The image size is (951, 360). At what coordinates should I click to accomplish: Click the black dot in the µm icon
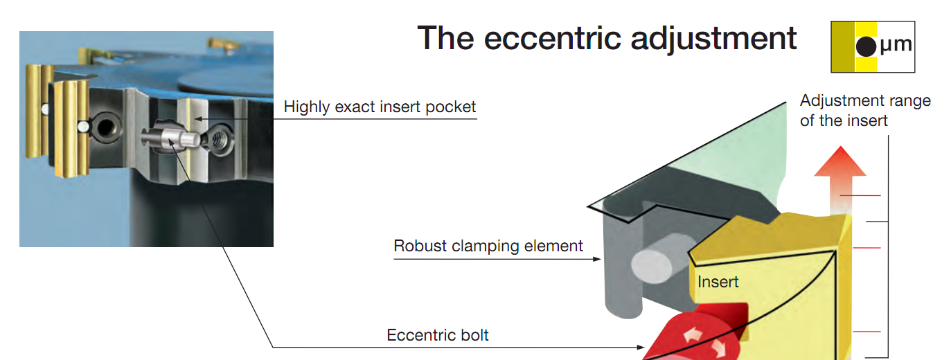pyautogui.click(x=866, y=46)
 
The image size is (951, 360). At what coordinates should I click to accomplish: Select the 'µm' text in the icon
pyautogui.click(x=896, y=44)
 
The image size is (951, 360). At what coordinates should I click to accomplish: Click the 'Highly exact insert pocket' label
pyautogui.click(x=380, y=107)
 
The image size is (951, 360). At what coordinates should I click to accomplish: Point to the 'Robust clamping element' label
pyautogui.click(x=488, y=246)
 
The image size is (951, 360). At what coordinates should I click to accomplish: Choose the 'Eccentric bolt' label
pyautogui.click(x=437, y=335)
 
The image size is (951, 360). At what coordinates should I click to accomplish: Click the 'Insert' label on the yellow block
pyautogui.click(x=718, y=282)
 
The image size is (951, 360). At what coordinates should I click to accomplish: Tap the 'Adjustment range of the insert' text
pyautogui.click(x=865, y=110)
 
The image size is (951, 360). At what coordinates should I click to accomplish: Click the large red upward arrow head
pyautogui.click(x=840, y=161)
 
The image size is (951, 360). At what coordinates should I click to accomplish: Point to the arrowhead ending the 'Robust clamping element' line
pyautogui.click(x=597, y=259)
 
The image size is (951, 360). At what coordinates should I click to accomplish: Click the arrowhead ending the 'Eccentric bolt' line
pyautogui.click(x=641, y=348)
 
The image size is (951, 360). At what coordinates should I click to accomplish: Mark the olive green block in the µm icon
pyautogui.click(x=843, y=46)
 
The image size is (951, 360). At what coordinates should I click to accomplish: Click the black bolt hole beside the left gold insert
pyautogui.click(x=104, y=127)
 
